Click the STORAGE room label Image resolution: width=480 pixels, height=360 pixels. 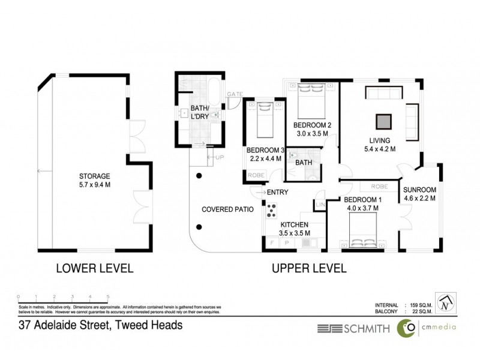pyautogui.click(x=95, y=176)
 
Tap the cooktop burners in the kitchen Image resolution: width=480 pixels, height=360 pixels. pyautogui.click(x=271, y=211)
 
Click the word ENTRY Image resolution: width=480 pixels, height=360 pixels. pyautogui.click(x=277, y=192)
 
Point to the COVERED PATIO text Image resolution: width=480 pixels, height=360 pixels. pyautogui.click(x=227, y=209)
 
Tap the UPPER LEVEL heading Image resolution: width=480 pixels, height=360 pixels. pyautogui.click(x=309, y=268)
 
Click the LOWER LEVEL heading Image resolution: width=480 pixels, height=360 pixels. pyautogui.click(x=94, y=268)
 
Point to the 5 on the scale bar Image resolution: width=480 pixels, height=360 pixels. pyautogui.click(x=107, y=296)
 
